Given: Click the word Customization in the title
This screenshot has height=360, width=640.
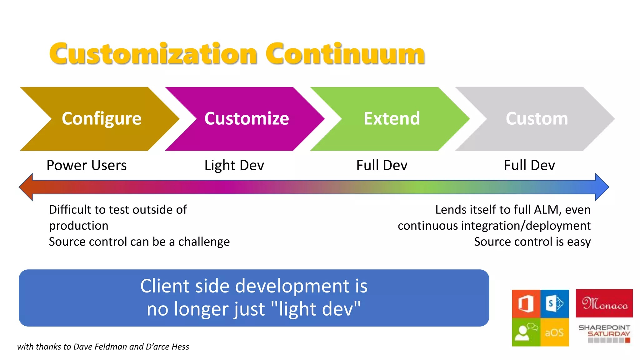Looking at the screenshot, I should coord(153,54).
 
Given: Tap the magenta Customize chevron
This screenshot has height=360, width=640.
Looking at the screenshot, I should coord(247,119).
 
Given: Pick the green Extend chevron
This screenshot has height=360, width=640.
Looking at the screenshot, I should coord(392,119).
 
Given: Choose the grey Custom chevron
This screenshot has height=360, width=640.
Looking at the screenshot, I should coord(537,119).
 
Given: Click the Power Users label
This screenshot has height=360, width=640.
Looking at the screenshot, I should coord(87,165).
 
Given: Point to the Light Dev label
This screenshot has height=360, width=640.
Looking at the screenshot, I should coord(234,165).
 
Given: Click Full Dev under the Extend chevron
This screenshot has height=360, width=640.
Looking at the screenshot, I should coord(382,165).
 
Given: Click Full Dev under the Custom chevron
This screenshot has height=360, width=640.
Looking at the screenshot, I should coord(529,165).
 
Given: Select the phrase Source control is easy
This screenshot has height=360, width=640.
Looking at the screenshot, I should coord(532,242).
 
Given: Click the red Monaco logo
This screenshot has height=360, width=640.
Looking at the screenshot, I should coord(604,303).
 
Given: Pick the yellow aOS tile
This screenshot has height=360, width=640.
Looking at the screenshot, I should coord(555,332).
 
